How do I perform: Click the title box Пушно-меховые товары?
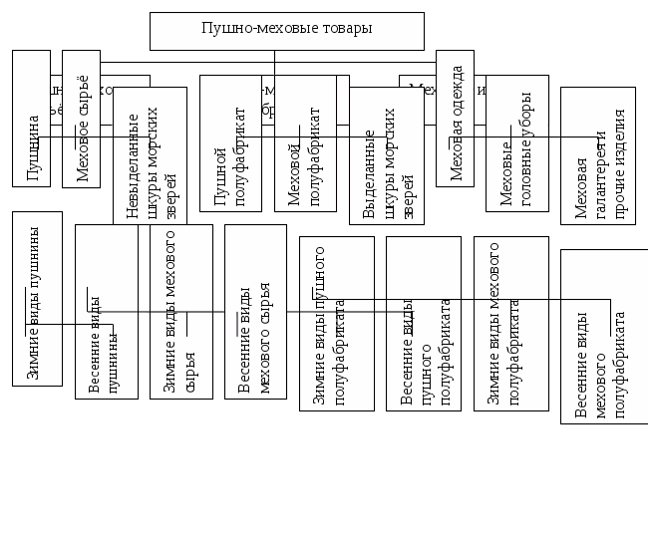point(286,31)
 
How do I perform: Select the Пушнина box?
point(31,119)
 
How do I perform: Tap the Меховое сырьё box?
point(81,119)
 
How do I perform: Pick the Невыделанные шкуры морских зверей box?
point(150,155)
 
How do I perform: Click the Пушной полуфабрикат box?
point(230,143)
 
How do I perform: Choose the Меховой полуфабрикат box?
point(305,143)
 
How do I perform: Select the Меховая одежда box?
point(455,119)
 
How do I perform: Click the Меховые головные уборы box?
point(517,143)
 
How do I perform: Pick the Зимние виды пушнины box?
point(37,299)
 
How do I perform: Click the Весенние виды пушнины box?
point(106,312)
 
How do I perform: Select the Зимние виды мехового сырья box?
point(180,312)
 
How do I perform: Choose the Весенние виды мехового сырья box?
point(255,312)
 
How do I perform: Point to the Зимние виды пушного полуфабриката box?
point(337,324)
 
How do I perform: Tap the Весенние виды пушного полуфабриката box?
point(424,324)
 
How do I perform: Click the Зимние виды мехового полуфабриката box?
point(510,324)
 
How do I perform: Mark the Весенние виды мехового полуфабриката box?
point(604,337)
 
